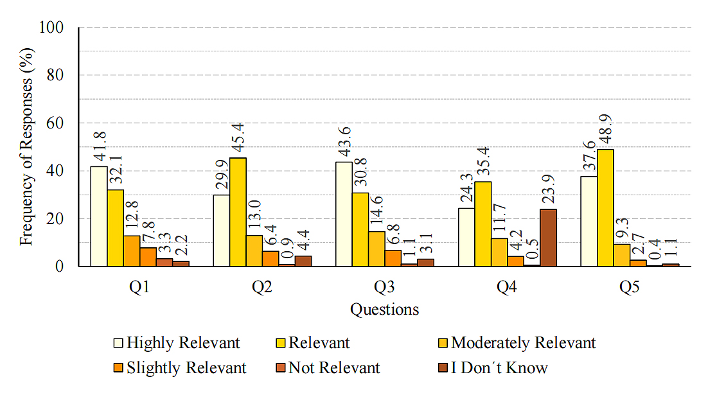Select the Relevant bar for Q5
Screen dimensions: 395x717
[605, 208]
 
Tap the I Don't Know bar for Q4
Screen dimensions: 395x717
[548, 238]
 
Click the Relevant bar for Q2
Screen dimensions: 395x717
[238, 212]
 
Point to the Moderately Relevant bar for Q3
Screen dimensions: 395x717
[376, 249]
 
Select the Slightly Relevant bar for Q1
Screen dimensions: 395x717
[148, 257]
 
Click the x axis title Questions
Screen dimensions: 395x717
[384, 310]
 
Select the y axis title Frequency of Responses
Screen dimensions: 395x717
[26, 147]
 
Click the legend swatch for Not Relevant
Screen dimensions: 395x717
[280, 368]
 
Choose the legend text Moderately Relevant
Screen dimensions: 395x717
[523, 343]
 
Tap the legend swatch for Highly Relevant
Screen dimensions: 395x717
[118, 343]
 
